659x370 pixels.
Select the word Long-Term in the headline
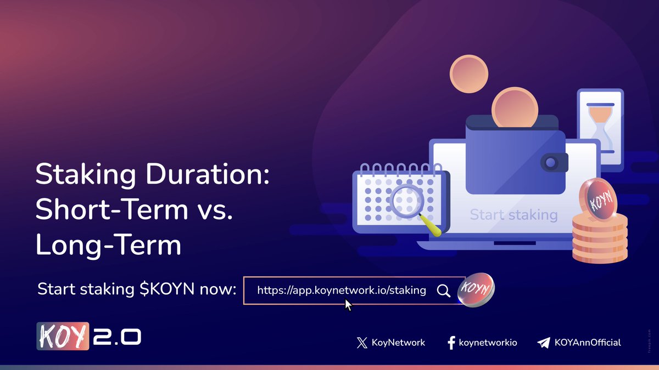[108, 245]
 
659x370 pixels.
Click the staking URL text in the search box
[341, 290]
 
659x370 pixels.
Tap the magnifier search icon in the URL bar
[443, 291]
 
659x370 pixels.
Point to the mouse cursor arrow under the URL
[348, 305]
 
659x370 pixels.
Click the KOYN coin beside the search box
[476, 289]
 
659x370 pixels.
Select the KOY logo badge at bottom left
[62, 337]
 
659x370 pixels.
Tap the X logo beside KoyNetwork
[361, 343]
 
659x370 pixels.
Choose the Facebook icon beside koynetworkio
[451, 343]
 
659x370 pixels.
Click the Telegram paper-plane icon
[543, 343]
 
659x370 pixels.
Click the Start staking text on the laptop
[513, 215]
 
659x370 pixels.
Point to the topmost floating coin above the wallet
[469, 73]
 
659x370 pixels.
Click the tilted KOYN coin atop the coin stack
[599, 198]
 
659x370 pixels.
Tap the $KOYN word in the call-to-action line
[166, 289]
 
